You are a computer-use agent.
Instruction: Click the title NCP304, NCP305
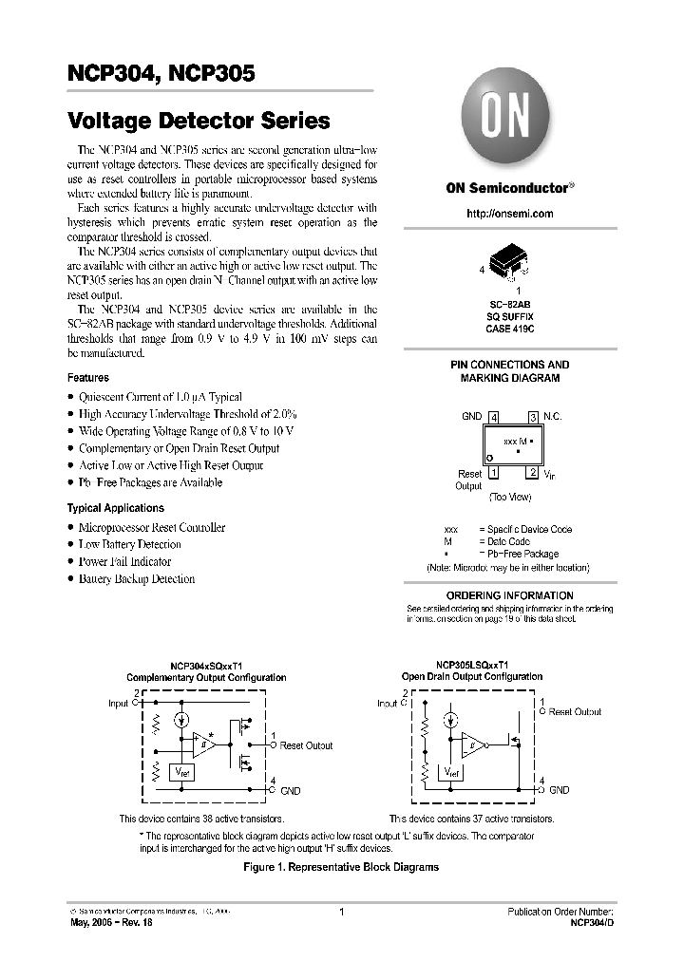161,73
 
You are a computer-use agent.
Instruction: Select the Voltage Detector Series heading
199,122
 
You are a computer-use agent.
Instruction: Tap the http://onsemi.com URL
509,214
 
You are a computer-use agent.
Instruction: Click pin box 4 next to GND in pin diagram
493,417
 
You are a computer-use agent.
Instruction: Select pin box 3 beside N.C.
533,417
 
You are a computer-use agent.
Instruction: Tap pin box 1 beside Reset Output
493,473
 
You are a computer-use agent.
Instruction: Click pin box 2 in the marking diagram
533,473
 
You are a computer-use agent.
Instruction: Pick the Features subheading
87,378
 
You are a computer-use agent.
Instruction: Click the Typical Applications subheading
115,508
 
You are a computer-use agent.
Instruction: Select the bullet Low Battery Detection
129,544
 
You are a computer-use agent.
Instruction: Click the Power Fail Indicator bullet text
129,561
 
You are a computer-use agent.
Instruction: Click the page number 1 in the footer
340,912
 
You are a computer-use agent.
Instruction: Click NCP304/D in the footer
592,922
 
